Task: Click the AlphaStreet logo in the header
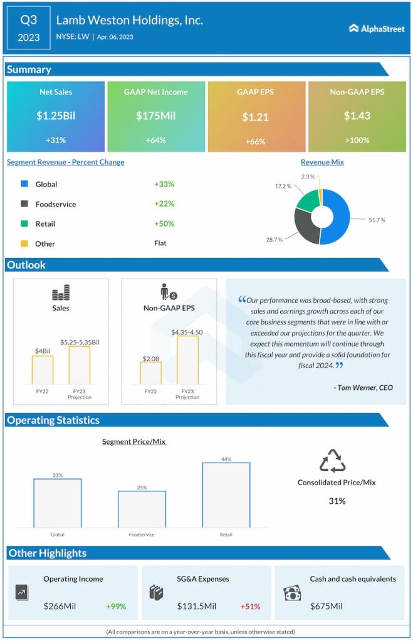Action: [377, 28]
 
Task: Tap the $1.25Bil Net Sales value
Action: [55, 116]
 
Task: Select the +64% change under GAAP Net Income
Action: [155, 140]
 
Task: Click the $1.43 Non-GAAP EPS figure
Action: [357, 116]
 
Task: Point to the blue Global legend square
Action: [24, 184]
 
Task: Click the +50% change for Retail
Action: [164, 223]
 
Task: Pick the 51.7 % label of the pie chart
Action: [376, 220]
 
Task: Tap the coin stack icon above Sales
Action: [61, 293]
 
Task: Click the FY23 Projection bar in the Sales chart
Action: [79, 365]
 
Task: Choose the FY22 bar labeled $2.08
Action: [150, 372]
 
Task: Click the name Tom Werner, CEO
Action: [363, 387]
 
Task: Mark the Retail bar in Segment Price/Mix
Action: [226, 495]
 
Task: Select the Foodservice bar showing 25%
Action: [142, 509]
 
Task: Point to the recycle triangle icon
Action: [333, 461]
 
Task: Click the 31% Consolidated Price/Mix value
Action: [337, 501]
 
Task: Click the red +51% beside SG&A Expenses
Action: [250, 606]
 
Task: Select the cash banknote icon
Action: [292, 592]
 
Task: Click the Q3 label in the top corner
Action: [28, 20]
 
